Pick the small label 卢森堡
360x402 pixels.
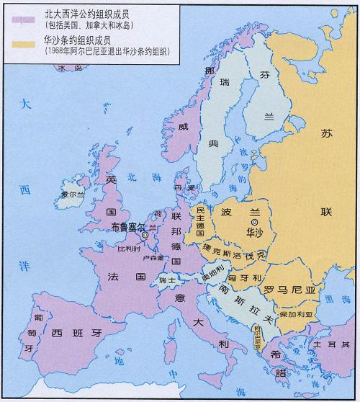(x=152, y=258)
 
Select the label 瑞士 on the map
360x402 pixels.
(x=168, y=280)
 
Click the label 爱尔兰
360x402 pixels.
(x=73, y=195)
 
